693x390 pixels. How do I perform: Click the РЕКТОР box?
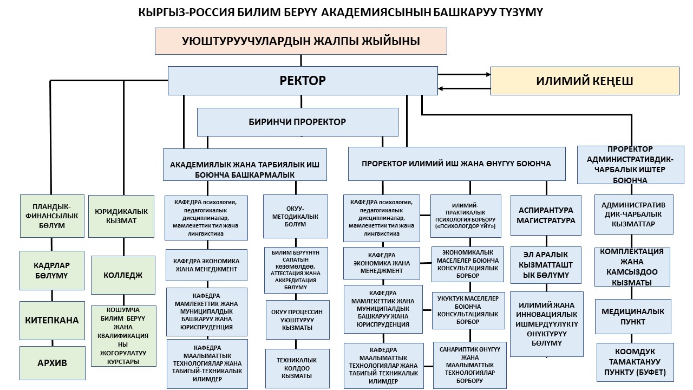[303, 81]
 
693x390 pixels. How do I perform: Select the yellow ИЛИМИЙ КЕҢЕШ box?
[584, 81]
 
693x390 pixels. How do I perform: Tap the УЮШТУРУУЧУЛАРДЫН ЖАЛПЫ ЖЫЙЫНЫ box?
[301, 41]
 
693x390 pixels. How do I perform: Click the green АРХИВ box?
[53, 363]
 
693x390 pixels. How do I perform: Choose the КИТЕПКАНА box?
[52, 320]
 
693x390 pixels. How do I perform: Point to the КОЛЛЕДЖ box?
[123, 275]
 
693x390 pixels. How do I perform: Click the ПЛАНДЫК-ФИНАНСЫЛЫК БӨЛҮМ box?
[52, 216]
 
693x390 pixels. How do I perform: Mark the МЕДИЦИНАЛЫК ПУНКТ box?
[633, 316]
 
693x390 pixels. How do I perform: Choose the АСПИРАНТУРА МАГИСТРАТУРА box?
[546, 215]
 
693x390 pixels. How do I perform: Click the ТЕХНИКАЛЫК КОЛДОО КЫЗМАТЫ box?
[297, 368]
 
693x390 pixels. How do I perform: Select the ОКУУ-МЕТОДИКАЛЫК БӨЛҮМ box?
[296, 216]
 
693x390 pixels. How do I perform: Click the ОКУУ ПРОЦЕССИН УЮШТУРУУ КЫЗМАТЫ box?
[297, 320]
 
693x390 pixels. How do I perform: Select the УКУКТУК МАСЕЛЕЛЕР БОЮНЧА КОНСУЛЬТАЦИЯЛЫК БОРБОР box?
[469, 310]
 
